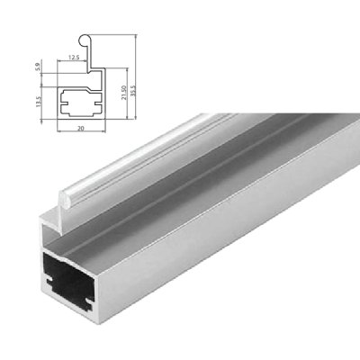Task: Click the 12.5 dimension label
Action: [x=72, y=57]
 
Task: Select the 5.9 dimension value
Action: [x=37, y=67]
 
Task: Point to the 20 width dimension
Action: [x=81, y=129]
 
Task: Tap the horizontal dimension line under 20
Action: [x=81, y=123]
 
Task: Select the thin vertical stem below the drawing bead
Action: [x=80, y=54]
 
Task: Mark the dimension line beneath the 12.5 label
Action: [x=72, y=62]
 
